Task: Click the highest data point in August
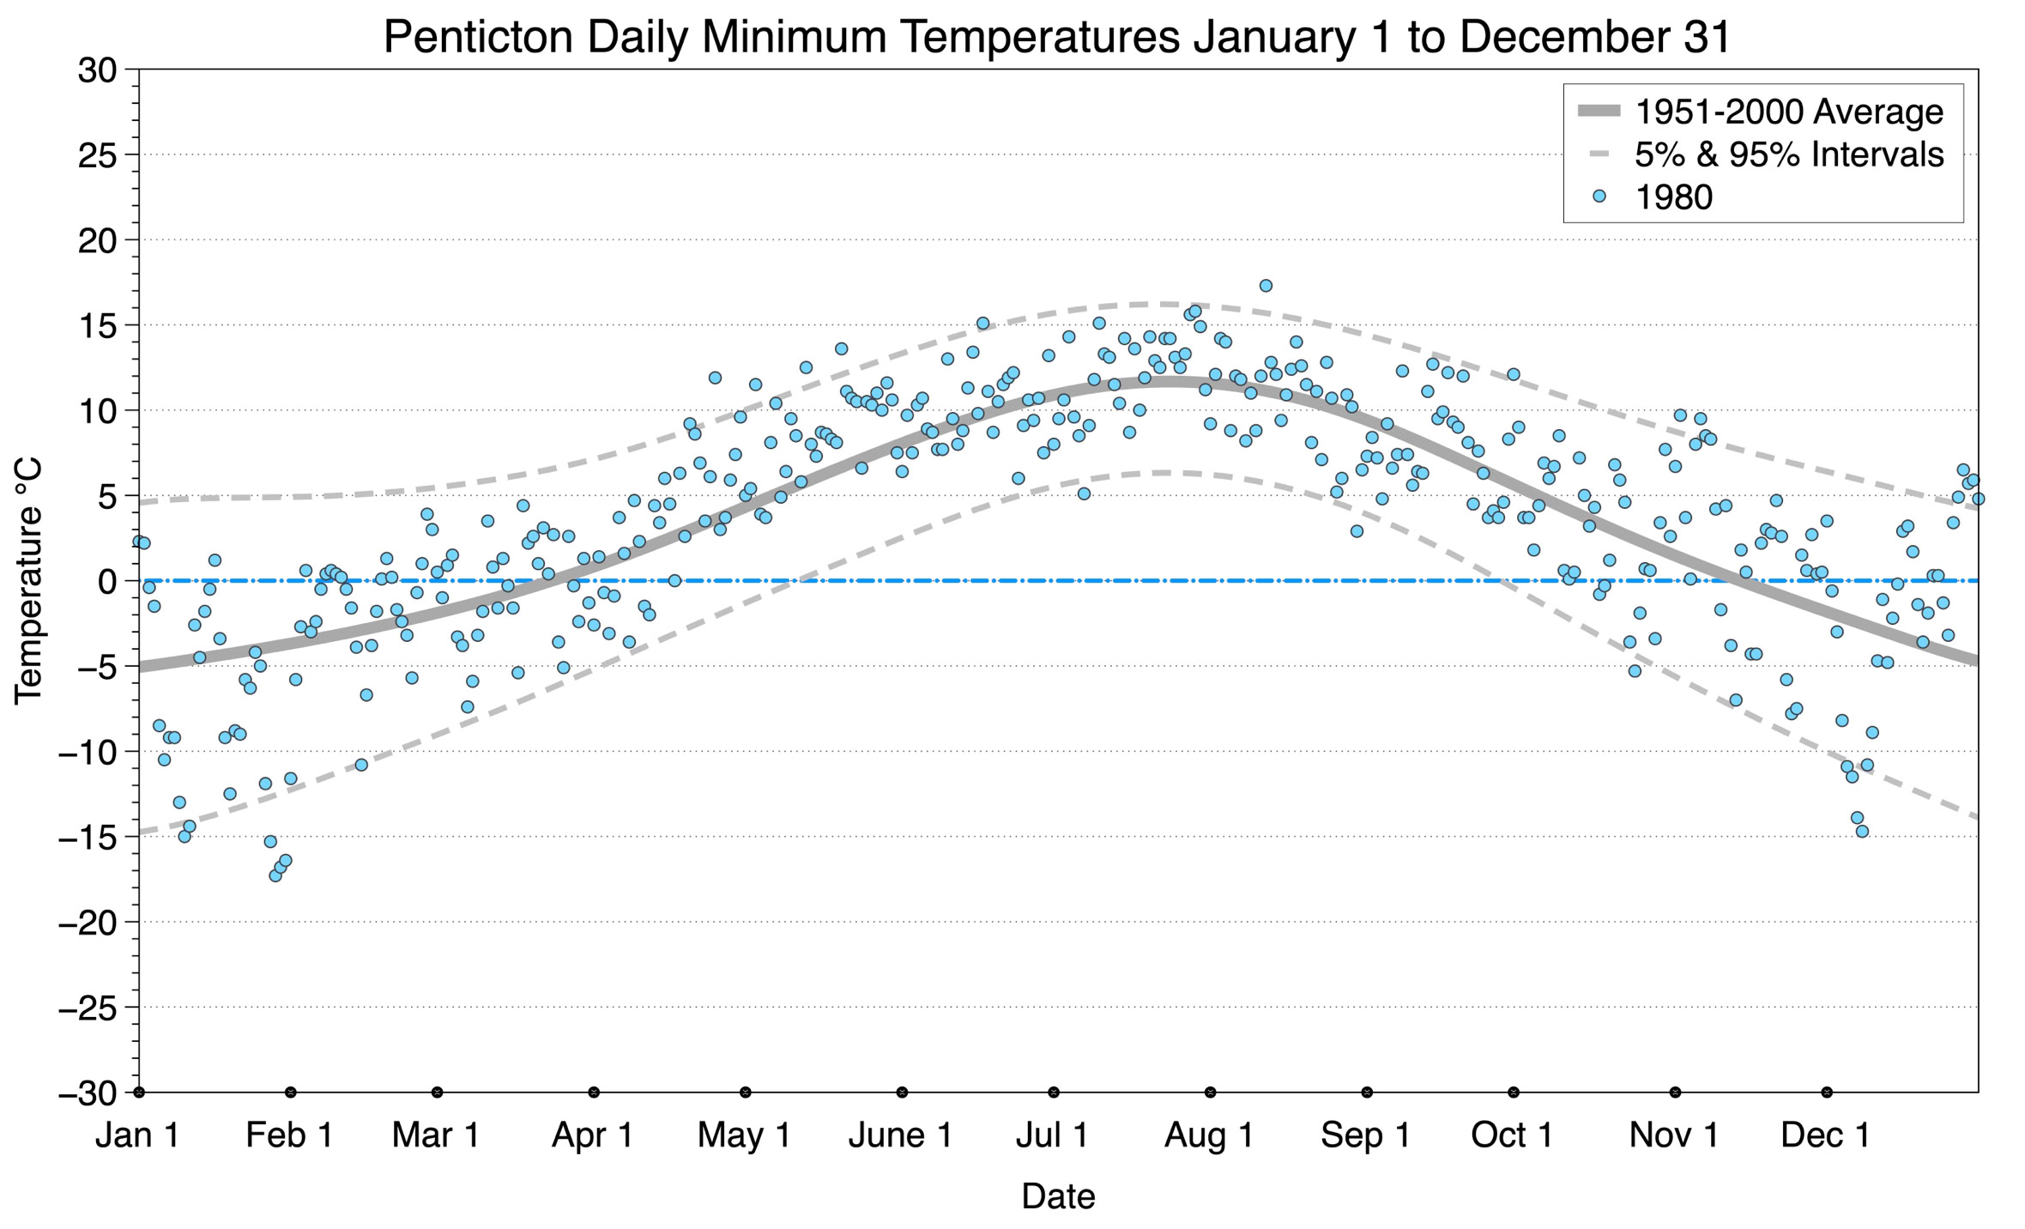tap(1266, 286)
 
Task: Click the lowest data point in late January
tap(275, 875)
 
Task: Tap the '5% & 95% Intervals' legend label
tap(1789, 154)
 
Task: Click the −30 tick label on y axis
tap(87, 1093)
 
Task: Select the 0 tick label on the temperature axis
tap(107, 581)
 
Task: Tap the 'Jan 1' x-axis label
tap(137, 1135)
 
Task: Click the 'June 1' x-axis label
tap(901, 1135)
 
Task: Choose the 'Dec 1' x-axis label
tap(1826, 1135)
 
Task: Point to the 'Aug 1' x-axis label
tap(1209, 1135)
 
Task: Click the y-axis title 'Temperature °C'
tap(28, 581)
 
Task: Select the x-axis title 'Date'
tap(1058, 1196)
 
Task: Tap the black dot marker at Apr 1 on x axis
tap(594, 1093)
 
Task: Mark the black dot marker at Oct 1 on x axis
tap(1514, 1093)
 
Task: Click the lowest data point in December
tap(1862, 831)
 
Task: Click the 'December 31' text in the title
tap(1595, 37)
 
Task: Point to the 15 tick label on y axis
tap(97, 325)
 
